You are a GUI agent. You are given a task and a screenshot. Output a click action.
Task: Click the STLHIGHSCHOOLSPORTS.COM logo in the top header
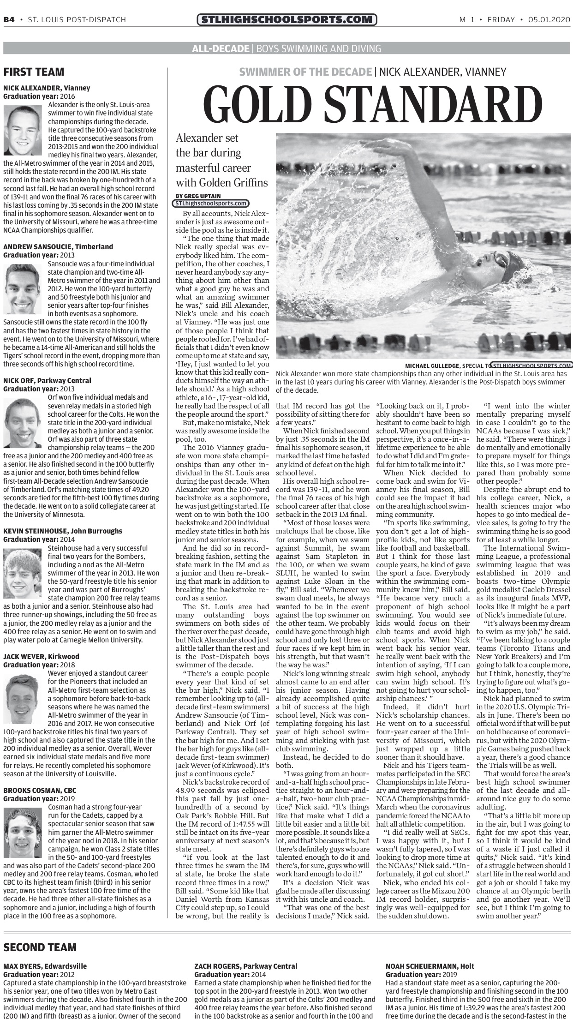point(286,19)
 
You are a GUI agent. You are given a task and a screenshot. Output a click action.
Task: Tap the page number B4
point(9,19)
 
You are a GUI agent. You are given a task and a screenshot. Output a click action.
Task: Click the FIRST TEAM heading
point(34,72)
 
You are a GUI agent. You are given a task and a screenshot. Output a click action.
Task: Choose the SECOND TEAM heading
point(40,947)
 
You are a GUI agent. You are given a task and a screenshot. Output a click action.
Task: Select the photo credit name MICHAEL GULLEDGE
point(432,366)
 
